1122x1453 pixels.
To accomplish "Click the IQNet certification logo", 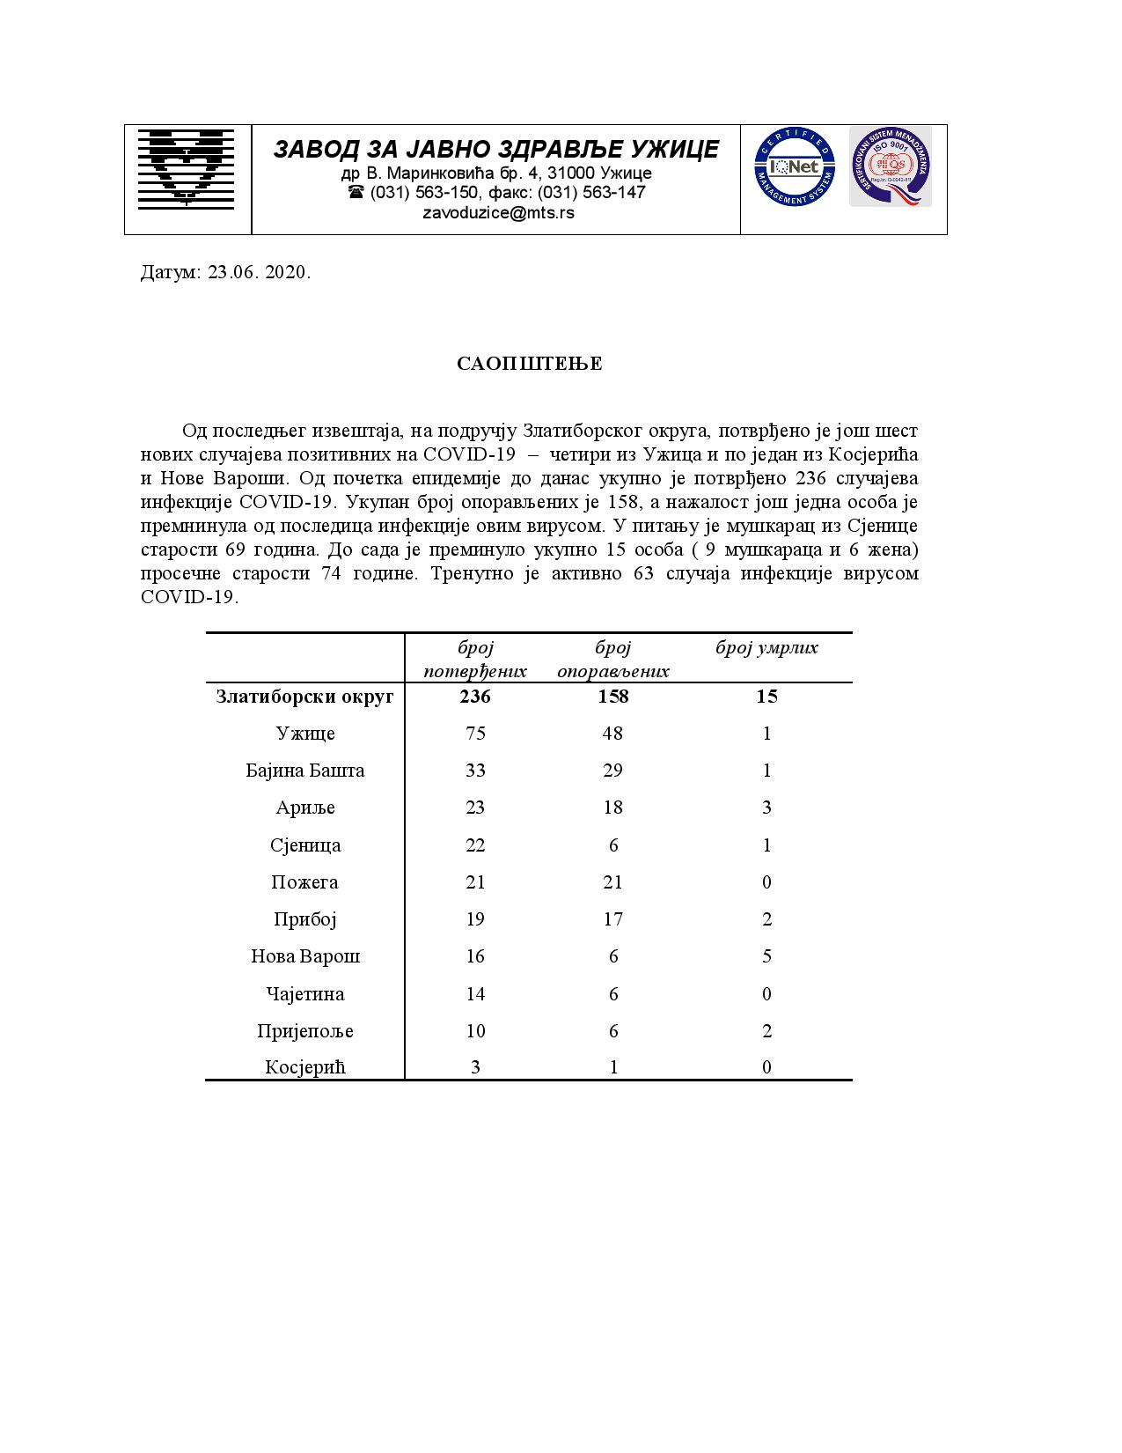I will (794, 166).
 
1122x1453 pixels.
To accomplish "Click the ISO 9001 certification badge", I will (889, 166).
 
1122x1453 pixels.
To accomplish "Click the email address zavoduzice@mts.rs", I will (498, 212).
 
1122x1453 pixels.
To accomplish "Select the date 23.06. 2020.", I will (259, 272).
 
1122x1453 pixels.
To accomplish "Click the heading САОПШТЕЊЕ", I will (529, 364).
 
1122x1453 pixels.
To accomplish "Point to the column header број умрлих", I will (766, 648).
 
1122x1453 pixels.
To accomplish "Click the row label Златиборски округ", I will (304, 697).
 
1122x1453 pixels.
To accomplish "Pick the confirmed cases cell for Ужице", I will (475, 734).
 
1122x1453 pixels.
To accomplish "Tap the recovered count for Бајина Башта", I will (613, 771).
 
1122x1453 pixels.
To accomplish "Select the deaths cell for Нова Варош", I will (766, 956).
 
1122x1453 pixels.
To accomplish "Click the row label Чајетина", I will (304, 994).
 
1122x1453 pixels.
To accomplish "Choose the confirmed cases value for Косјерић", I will (475, 1067).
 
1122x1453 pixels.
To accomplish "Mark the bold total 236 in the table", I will (475, 697).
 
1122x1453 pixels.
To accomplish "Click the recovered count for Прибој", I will (613, 919).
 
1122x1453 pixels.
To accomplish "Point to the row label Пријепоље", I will (304, 1031).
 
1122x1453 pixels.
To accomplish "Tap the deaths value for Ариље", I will (766, 808).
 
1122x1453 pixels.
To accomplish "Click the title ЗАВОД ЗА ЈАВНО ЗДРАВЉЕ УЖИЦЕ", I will (495, 149).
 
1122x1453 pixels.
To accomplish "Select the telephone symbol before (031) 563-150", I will (356, 192).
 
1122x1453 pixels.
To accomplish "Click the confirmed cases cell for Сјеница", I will (475, 845).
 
